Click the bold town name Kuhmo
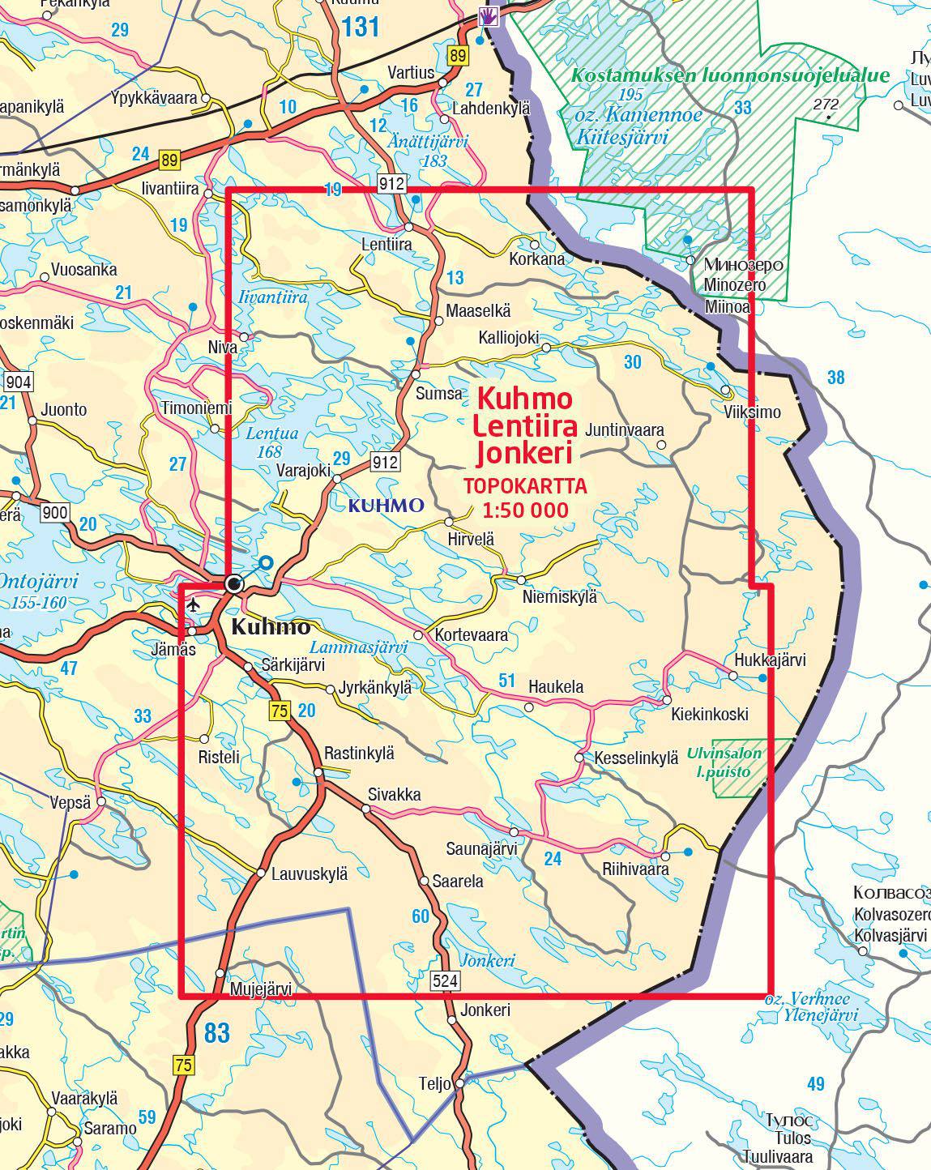click(271, 626)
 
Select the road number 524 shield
click(446, 980)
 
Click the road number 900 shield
click(56, 512)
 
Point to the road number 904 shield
click(18, 382)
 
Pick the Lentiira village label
click(386, 244)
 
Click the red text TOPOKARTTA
click(524, 486)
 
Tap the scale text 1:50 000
click(524, 510)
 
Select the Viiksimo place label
click(753, 412)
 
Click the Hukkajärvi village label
click(770, 660)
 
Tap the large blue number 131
click(360, 28)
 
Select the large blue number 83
click(217, 1033)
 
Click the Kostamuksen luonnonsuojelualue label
click(730, 75)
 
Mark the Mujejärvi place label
click(260, 989)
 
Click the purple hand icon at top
click(488, 15)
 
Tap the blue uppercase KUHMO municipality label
click(386, 506)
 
